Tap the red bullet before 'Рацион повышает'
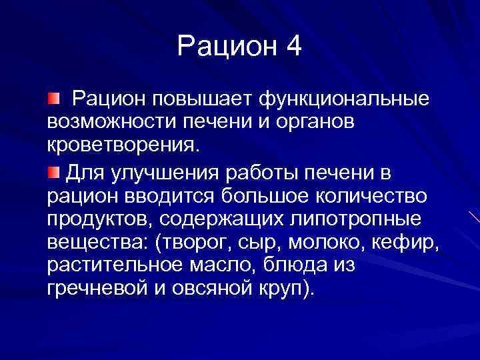[x=53, y=99]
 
